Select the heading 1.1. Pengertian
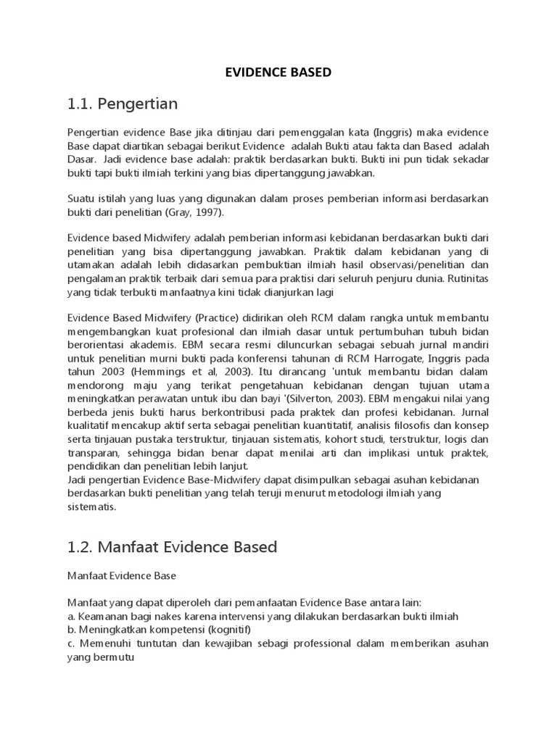[122, 104]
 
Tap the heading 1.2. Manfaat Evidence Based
[172, 546]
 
